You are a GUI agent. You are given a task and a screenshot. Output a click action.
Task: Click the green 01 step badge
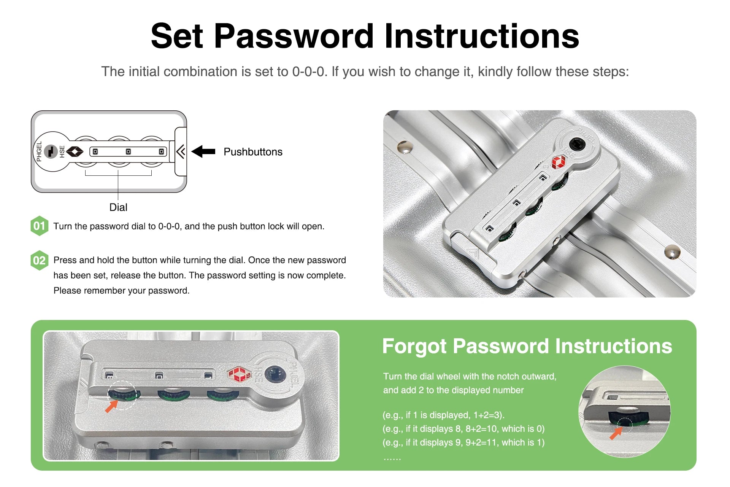click(39, 226)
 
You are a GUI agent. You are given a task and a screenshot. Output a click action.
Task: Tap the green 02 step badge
click(39, 260)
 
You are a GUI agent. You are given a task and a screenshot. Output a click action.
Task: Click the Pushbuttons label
click(253, 152)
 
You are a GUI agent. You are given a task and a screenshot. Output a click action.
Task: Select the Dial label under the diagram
click(118, 207)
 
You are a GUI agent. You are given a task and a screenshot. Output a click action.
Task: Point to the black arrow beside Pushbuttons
click(203, 151)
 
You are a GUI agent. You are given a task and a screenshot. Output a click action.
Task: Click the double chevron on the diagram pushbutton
click(181, 151)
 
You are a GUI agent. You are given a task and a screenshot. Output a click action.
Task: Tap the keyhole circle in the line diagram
click(51, 151)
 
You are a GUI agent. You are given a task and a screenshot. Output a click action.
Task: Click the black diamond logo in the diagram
click(75, 152)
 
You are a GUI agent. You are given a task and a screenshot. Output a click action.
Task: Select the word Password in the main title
click(294, 37)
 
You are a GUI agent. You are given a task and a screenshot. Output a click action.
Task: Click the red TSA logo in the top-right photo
click(559, 162)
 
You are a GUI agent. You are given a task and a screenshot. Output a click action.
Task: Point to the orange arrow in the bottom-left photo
click(111, 406)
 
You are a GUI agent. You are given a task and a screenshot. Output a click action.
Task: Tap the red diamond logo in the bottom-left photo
click(239, 374)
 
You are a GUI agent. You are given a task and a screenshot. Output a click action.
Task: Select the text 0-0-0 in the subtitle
click(309, 72)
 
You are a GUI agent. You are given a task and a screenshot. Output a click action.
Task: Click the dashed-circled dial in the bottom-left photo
click(122, 395)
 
